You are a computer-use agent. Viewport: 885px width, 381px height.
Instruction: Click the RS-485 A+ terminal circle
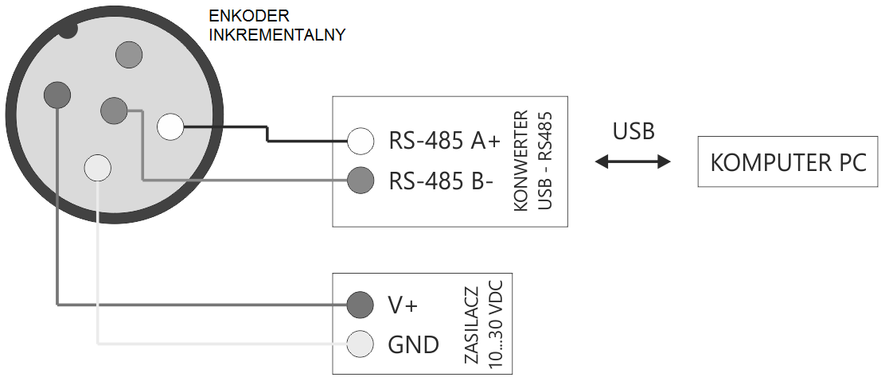tap(361, 142)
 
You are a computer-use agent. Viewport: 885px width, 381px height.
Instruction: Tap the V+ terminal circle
tap(361, 304)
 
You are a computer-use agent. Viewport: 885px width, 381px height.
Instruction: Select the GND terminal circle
tap(361, 344)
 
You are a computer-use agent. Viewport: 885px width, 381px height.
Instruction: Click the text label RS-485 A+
tap(444, 142)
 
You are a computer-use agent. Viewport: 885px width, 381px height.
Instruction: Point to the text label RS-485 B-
tap(441, 181)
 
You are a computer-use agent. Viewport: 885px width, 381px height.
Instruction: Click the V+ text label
tap(402, 305)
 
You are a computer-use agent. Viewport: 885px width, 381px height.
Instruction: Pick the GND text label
tap(413, 344)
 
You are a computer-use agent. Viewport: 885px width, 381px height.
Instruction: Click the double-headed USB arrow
tap(634, 162)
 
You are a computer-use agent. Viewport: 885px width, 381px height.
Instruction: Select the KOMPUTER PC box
tap(788, 162)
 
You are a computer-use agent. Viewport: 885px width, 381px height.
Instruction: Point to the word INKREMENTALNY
tap(277, 35)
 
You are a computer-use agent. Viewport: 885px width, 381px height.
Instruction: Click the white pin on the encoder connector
tap(170, 127)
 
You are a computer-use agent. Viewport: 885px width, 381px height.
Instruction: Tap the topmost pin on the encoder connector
tap(129, 54)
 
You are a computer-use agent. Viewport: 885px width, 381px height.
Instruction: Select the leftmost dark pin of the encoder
tap(57, 95)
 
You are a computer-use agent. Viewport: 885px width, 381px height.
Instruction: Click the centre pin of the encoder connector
tap(114, 111)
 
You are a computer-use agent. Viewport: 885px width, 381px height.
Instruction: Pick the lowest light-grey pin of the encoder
tap(98, 168)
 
